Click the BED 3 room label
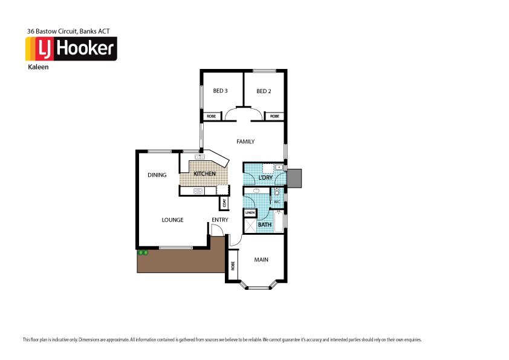(220, 91)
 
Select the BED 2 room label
(263, 91)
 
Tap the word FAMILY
(245, 142)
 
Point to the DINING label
(157, 175)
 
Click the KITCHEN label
(205, 174)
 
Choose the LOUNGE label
(172, 220)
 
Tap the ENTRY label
(220, 220)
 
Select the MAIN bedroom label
(261, 260)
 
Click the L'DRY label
(265, 178)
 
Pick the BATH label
(265, 225)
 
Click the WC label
(277, 202)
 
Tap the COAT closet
(224, 203)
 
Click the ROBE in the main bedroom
(233, 266)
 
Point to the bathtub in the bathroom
(279, 221)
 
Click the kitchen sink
(199, 157)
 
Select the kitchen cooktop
(198, 191)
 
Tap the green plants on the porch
(143, 252)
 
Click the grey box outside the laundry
(294, 178)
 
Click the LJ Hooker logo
(71, 49)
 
